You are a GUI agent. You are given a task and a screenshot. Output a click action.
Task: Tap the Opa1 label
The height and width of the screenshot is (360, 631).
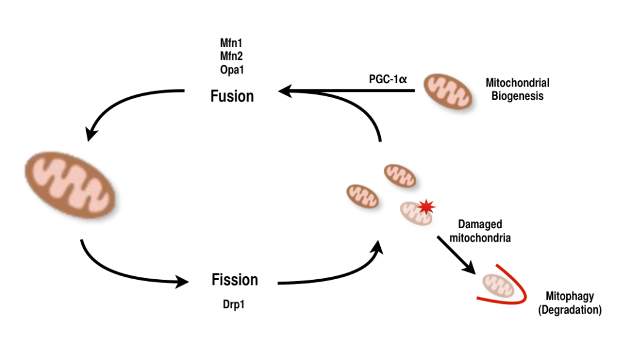[x=232, y=70]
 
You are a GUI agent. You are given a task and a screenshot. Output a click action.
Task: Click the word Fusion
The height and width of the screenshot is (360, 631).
[x=232, y=96]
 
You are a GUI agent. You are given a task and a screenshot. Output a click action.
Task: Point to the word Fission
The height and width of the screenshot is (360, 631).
[x=235, y=279]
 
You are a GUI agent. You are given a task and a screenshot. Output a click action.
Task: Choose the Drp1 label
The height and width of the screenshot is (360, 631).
[x=234, y=305]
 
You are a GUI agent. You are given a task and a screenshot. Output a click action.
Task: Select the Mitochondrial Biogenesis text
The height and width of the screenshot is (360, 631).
[x=518, y=89]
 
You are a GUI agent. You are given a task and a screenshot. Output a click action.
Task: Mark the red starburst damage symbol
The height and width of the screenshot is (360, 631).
[x=425, y=207]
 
